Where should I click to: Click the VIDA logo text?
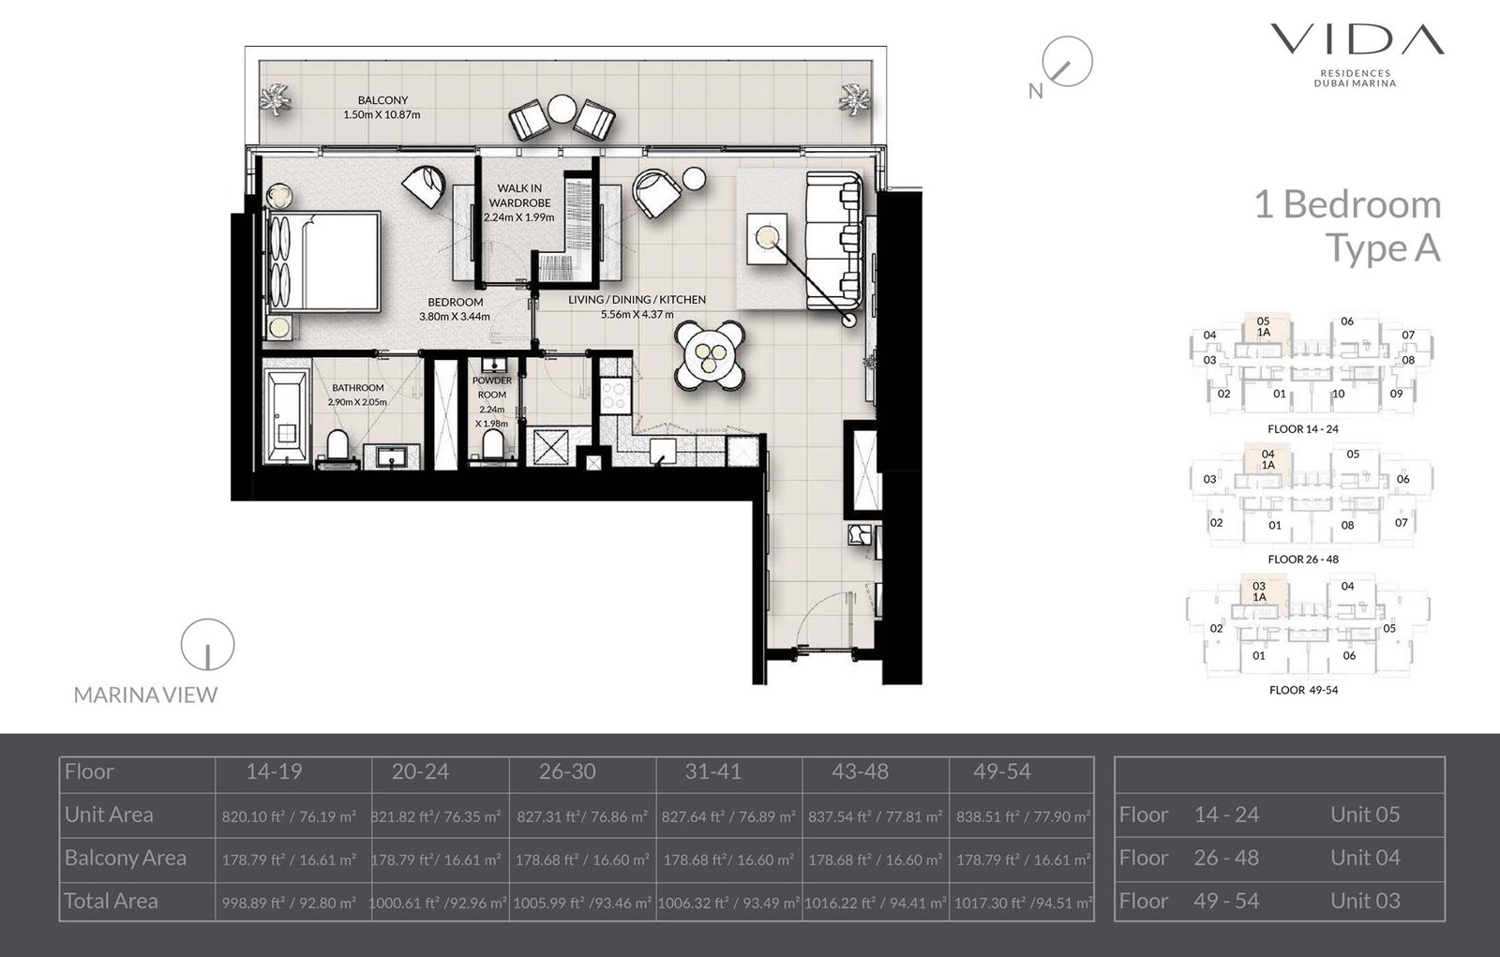tap(1357, 39)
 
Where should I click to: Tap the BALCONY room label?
tap(382, 100)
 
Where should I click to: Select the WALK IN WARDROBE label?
tap(519, 195)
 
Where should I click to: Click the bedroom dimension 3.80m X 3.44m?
tap(455, 317)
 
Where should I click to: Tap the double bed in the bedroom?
tap(324, 260)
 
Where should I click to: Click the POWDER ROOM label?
tap(491, 387)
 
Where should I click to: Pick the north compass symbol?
tap(1067, 63)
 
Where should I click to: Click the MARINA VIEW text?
tap(145, 695)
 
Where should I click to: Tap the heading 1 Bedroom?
tap(1347, 204)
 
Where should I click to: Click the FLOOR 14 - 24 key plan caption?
tap(1302, 429)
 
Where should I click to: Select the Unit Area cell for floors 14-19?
tap(289, 816)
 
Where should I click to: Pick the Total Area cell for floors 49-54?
tap(1024, 904)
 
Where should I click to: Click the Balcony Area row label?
tap(126, 858)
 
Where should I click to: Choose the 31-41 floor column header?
tap(712, 772)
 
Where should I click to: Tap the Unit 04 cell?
tap(1365, 858)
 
